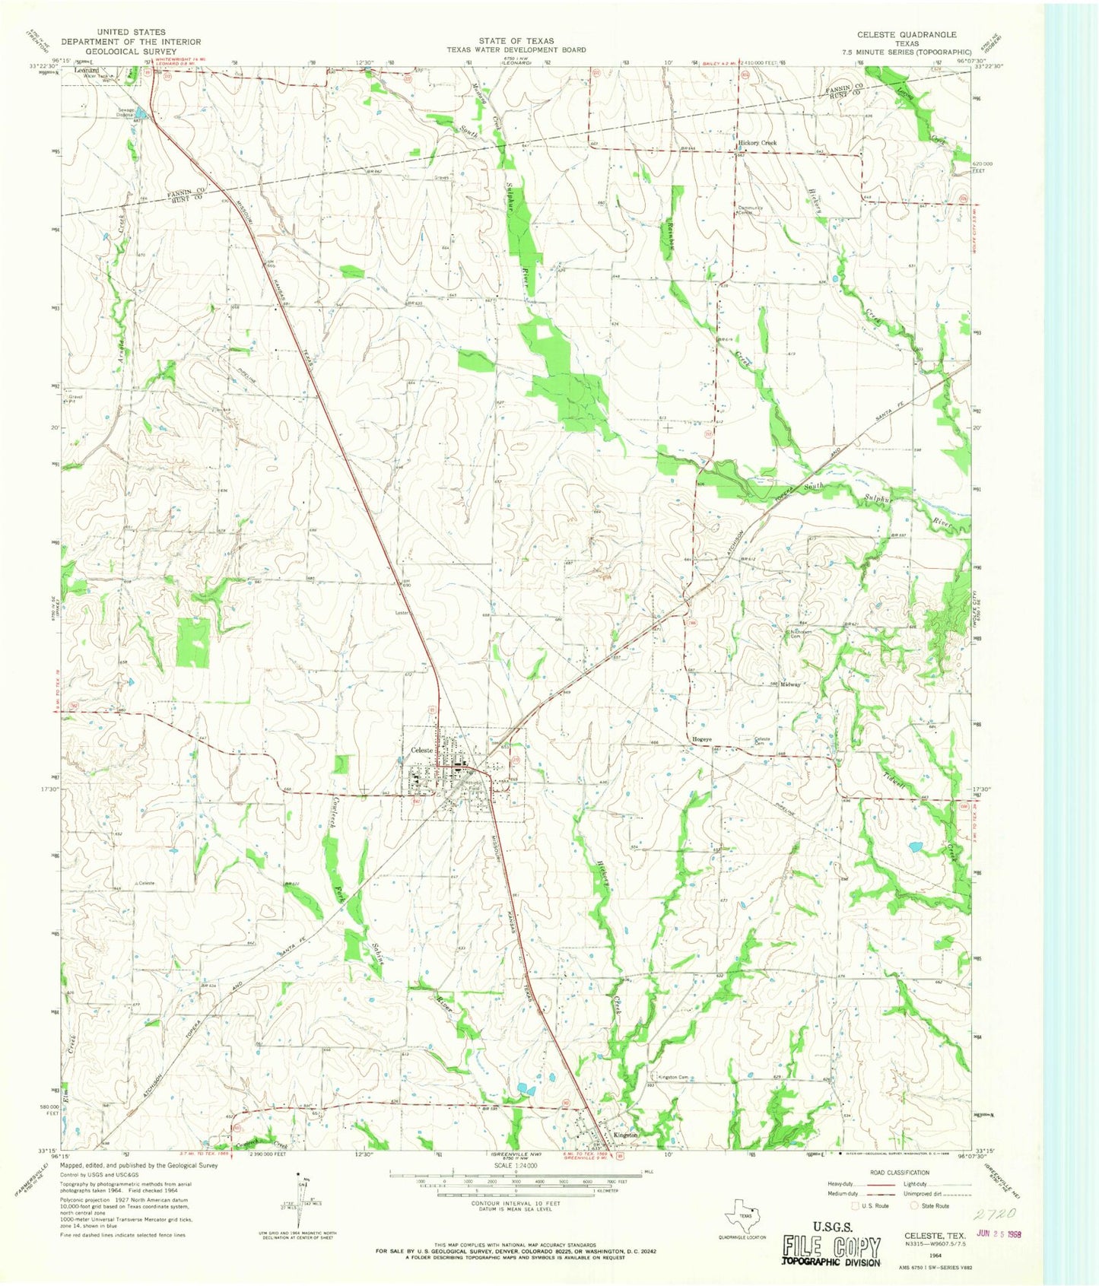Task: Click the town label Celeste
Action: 421,750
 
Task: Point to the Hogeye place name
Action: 701,739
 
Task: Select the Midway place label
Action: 791,684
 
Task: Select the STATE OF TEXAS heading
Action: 516,40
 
